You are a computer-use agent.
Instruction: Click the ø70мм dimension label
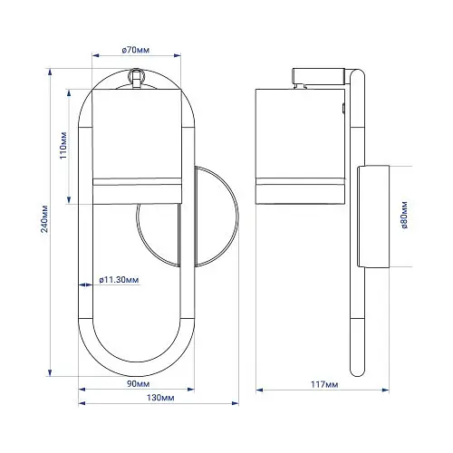[136, 50]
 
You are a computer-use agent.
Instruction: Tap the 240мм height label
[44, 218]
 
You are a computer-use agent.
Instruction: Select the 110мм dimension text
[63, 146]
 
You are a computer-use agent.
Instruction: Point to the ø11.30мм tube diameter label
[119, 280]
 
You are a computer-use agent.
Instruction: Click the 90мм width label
[138, 384]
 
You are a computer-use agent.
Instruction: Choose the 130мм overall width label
[160, 398]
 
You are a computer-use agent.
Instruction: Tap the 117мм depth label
[324, 384]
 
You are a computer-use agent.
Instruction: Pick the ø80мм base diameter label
[405, 215]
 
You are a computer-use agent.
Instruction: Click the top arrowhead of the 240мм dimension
[50, 72]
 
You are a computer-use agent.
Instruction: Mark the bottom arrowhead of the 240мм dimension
[50, 372]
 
